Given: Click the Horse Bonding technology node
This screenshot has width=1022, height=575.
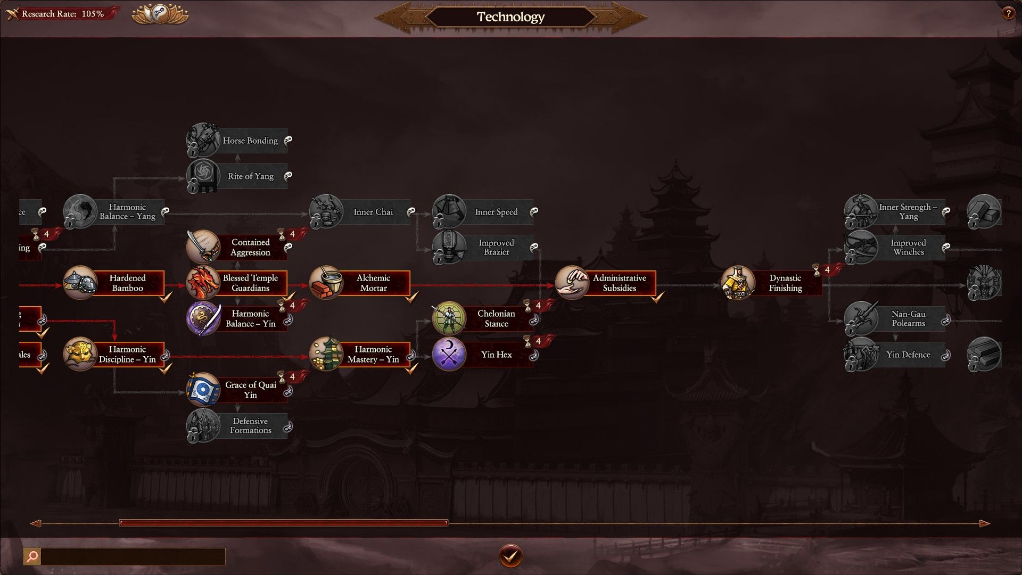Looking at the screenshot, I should click(250, 141).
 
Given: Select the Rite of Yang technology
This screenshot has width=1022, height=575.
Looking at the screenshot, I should click(250, 176).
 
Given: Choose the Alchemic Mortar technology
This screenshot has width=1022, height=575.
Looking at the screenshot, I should click(373, 283).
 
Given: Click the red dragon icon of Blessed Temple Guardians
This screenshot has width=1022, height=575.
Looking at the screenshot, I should click(203, 283).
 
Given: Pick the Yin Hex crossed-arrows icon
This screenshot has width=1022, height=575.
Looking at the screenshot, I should click(449, 354).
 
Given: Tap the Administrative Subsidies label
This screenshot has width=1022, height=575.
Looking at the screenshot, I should click(619, 283).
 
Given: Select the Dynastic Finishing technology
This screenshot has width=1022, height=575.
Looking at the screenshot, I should click(785, 283).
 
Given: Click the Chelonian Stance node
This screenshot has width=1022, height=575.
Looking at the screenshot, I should click(496, 318).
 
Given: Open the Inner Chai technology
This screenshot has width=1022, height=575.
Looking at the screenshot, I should click(373, 212).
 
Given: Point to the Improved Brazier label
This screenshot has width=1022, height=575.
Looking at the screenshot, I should click(496, 247).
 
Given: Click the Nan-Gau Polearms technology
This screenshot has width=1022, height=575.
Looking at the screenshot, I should click(908, 318).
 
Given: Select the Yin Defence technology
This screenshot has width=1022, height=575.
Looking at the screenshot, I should click(908, 355).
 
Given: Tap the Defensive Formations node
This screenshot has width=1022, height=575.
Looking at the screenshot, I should click(250, 425).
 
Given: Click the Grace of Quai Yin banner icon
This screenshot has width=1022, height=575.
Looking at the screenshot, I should click(203, 390).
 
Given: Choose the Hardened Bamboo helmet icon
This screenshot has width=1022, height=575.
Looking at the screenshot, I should click(80, 283).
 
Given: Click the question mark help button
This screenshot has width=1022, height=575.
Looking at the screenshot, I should click(1008, 14).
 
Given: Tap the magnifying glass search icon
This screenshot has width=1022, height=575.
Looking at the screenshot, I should click(32, 556).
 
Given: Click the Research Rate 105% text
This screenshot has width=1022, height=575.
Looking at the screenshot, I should click(63, 14).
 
